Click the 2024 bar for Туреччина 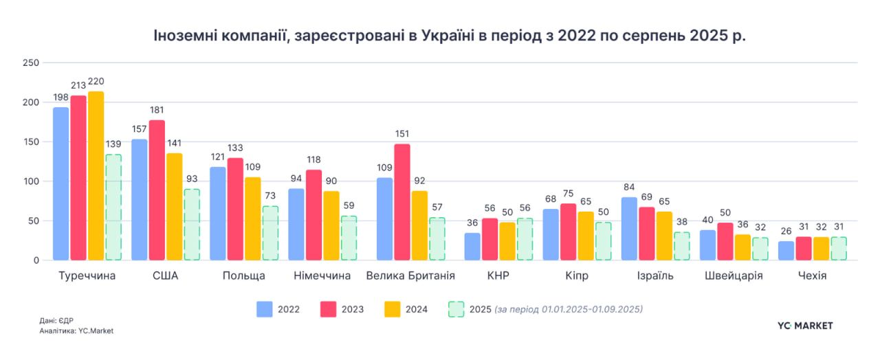(x=96, y=176)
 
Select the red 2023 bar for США (x=157, y=190)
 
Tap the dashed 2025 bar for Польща (x=270, y=233)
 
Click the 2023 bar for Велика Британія (x=401, y=202)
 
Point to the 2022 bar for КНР (x=472, y=247)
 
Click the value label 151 (x=401, y=134)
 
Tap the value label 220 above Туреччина (x=96, y=82)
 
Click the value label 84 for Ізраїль (x=629, y=188)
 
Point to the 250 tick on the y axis (x=29, y=63)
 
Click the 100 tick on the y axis (x=29, y=181)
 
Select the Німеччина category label (x=322, y=276)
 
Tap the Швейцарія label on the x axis (x=734, y=276)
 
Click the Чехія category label (x=812, y=276)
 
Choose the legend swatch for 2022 (x=265, y=309)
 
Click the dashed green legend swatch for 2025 (x=456, y=309)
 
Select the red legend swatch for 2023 (x=329, y=309)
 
